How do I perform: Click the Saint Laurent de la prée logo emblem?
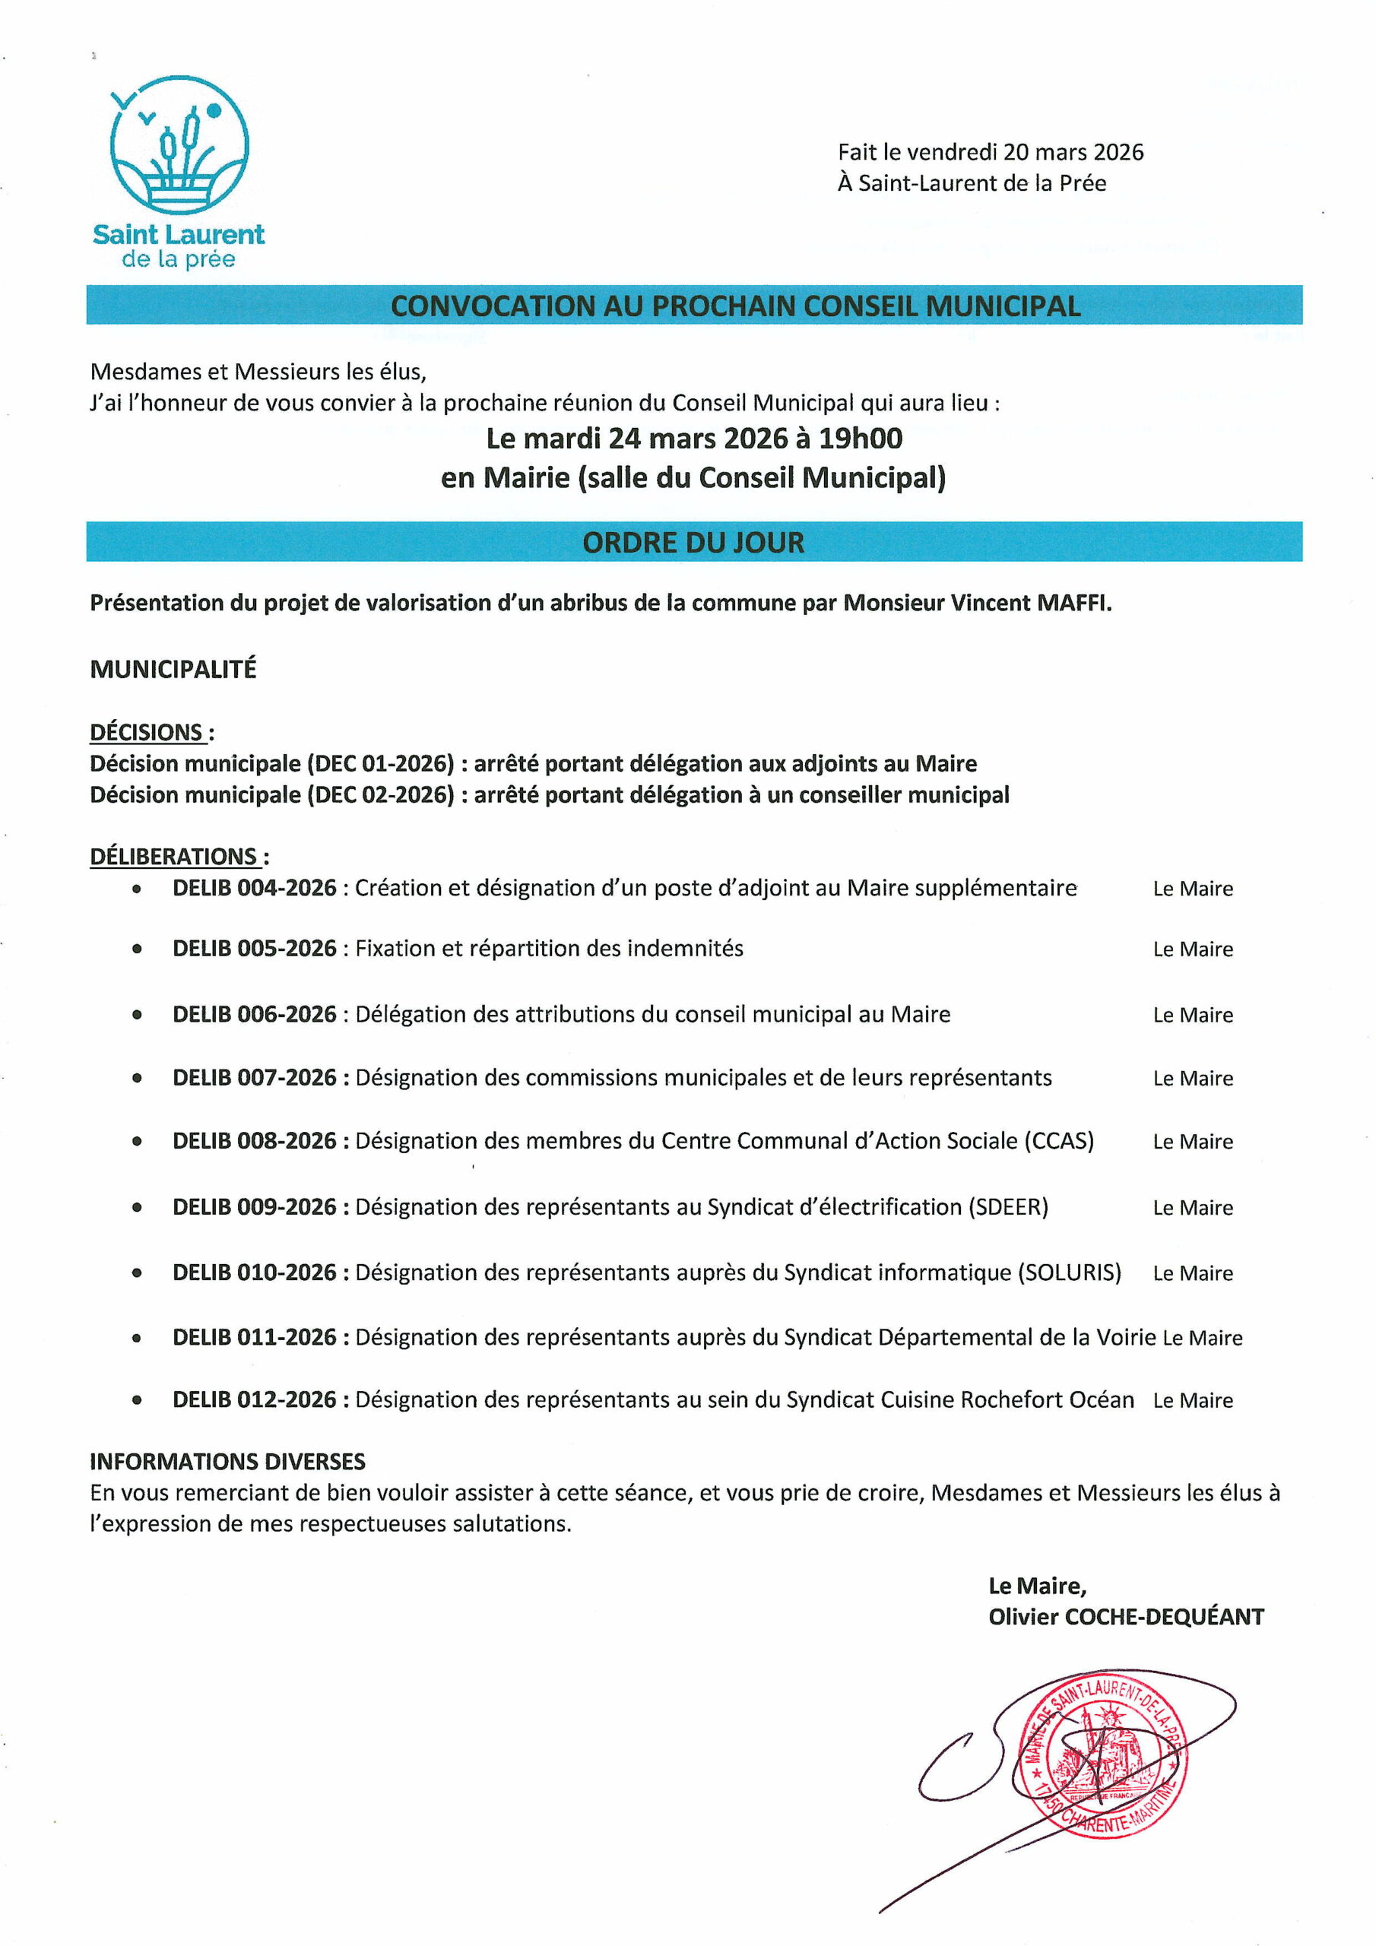coord(179,144)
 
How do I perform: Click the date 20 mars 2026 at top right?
coord(1073,153)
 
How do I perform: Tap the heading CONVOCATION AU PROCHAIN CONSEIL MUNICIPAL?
coord(735,306)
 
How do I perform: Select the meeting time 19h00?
coord(860,438)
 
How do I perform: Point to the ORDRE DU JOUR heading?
coord(693,543)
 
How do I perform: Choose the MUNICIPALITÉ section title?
coord(173,670)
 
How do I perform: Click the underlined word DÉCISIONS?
coord(147,732)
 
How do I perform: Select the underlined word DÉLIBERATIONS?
coord(174,857)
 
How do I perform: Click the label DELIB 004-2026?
coord(255,889)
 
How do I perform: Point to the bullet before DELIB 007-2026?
coord(138,1078)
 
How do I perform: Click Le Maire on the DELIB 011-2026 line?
coord(1202,1339)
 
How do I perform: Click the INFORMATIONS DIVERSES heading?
coord(227,1461)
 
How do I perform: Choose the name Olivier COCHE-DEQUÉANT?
coord(1126,1617)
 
